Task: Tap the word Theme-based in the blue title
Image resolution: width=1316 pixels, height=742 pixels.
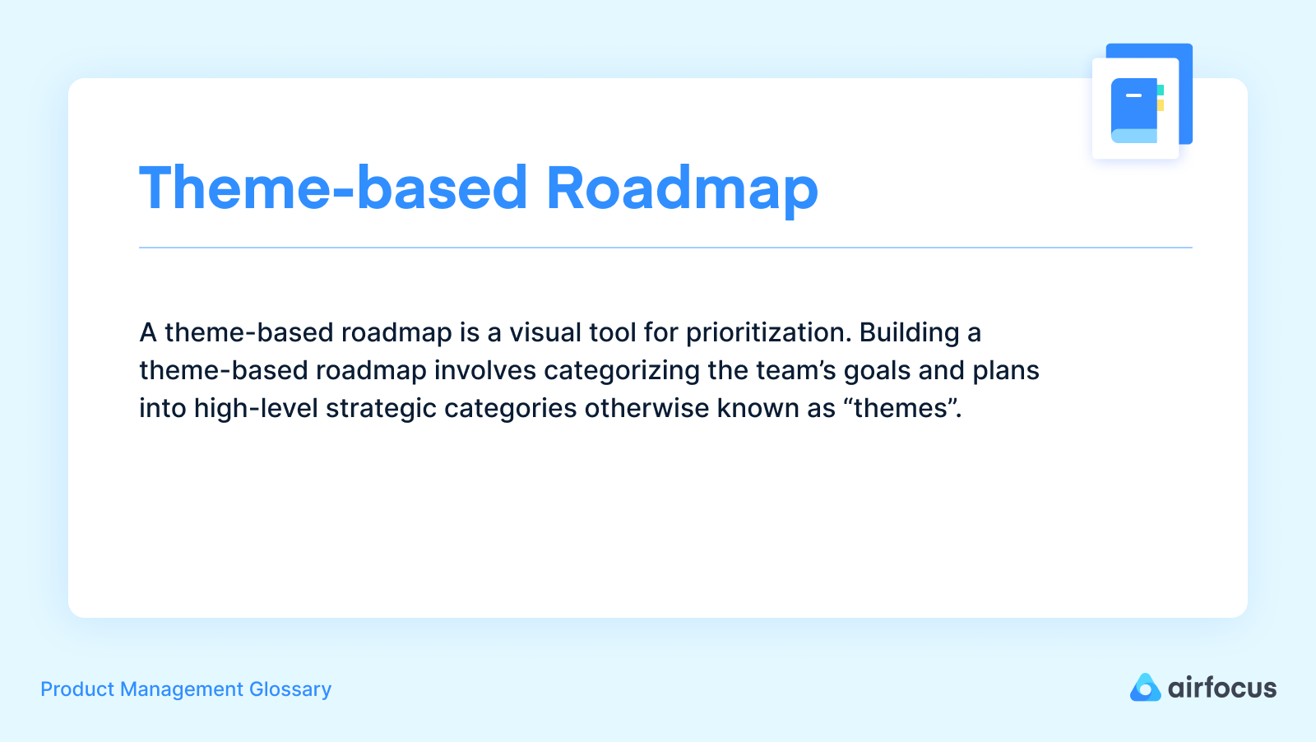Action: [x=333, y=189]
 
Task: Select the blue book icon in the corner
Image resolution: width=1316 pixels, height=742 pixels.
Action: [x=1134, y=110]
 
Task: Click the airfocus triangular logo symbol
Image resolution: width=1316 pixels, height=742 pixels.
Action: [x=1145, y=688]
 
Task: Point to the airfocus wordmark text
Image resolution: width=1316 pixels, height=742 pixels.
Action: [x=1222, y=688]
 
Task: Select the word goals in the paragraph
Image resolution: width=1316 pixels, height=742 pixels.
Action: [x=877, y=371]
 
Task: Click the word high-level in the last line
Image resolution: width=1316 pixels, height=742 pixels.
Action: [x=256, y=409]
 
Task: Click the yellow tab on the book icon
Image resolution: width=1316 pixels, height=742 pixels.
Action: [x=1161, y=105]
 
